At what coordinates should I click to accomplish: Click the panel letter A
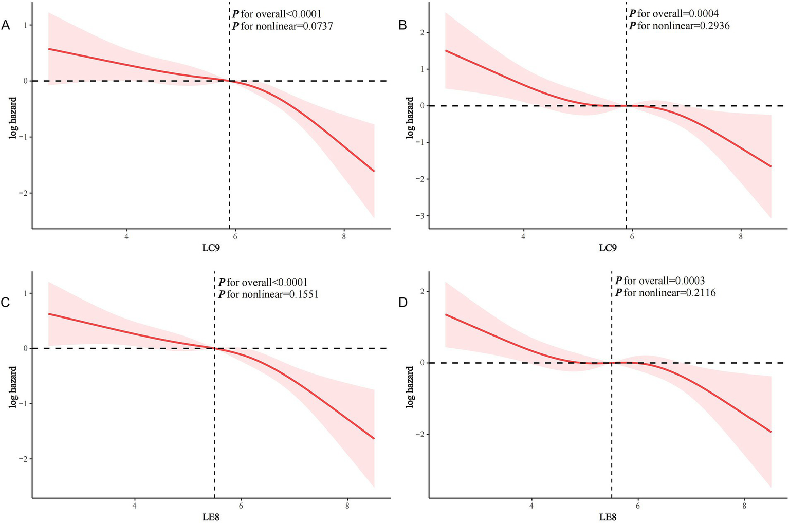click(x=6, y=25)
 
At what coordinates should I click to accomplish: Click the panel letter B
click(x=403, y=25)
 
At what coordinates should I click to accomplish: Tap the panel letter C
click(x=6, y=302)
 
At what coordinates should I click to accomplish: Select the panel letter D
click(x=403, y=302)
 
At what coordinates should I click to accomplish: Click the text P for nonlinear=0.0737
click(x=283, y=26)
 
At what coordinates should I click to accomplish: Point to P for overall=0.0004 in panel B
click(x=674, y=14)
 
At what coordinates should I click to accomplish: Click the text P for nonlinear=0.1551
click(x=268, y=294)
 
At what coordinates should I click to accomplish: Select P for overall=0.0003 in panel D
click(x=660, y=281)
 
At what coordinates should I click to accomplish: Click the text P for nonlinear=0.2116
click(x=665, y=293)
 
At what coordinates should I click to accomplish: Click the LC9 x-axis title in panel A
click(x=211, y=248)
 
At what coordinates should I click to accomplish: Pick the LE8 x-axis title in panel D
click(x=608, y=517)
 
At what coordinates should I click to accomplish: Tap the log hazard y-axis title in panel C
click(x=13, y=387)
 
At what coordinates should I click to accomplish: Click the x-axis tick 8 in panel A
click(x=344, y=237)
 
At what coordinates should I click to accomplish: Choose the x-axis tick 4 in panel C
click(x=135, y=506)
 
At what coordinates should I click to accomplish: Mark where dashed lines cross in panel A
click(x=229, y=81)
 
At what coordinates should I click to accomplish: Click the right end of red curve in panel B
click(x=771, y=166)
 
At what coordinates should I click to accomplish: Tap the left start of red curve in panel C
click(x=48, y=314)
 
